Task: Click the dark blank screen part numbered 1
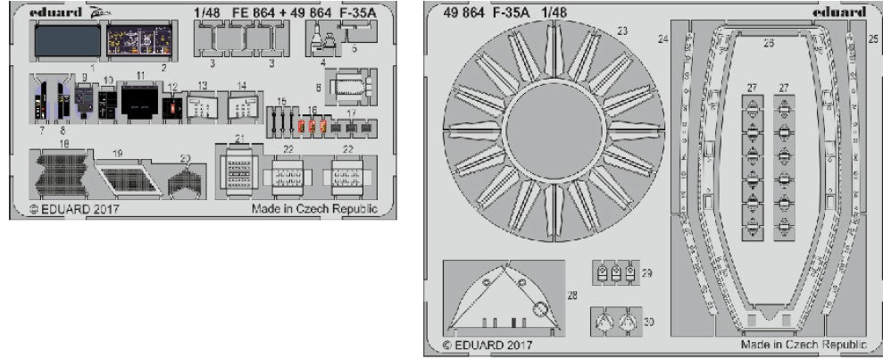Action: (67, 41)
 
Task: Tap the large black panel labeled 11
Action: (139, 102)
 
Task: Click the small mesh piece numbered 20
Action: (185, 181)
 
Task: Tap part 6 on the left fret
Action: (347, 88)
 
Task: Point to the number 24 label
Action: (662, 38)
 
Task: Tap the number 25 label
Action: (871, 38)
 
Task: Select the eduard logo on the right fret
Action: (839, 13)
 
